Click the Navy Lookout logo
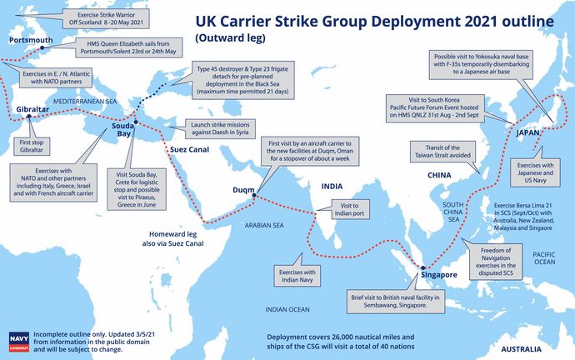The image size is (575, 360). [x=18, y=342]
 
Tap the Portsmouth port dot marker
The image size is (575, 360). [x=42, y=47]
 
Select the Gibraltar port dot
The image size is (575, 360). [x=29, y=116]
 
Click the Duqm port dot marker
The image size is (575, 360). [x=254, y=195]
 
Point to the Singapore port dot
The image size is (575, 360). [x=422, y=268]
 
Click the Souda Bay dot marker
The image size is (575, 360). [x=136, y=122]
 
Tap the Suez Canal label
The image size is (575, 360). [x=190, y=149]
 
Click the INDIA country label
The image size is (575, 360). [x=332, y=186]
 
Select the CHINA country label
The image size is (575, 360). [x=439, y=175]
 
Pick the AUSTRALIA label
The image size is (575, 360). [x=521, y=349]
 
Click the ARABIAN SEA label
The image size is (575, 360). [x=264, y=226]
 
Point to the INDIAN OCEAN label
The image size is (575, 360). [x=287, y=310]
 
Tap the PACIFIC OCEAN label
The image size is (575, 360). [x=544, y=258]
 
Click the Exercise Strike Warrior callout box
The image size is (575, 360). [x=106, y=18]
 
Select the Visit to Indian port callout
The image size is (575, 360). [x=349, y=209]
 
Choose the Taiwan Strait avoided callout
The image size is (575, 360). [x=442, y=152]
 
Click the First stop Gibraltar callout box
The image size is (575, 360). [x=32, y=146]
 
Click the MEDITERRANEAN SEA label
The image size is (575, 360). [x=85, y=102]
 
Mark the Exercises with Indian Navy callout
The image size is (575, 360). [x=297, y=276]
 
